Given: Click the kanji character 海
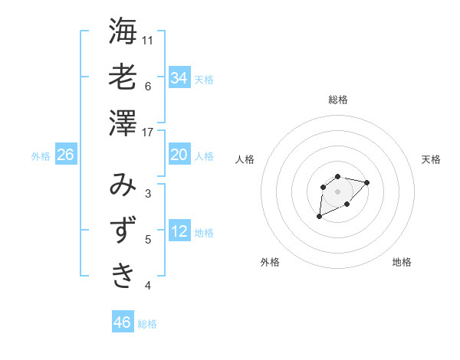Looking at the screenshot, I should (x=123, y=31).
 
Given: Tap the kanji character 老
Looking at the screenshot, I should (x=123, y=77).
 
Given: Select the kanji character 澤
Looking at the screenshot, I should (x=123, y=123).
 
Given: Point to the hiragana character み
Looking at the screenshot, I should (x=123, y=185).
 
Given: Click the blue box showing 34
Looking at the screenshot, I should (x=179, y=78).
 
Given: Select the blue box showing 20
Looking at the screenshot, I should (x=179, y=155).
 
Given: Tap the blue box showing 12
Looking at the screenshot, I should (x=179, y=232).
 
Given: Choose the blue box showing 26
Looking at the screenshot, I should (x=65, y=155).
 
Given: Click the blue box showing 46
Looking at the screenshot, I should (x=122, y=322).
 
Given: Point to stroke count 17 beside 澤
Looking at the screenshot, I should (x=148, y=133).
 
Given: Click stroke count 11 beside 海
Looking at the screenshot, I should (x=148, y=41).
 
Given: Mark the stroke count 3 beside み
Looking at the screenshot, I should (x=148, y=194).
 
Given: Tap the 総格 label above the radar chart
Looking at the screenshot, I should (x=338, y=100).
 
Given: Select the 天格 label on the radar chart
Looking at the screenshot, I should (x=432, y=159).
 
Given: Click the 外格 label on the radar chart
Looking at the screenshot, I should (x=270, y=262).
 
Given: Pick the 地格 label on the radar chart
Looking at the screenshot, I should (x=402, y=262).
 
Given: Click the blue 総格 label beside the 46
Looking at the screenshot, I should (x=147, y=324).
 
